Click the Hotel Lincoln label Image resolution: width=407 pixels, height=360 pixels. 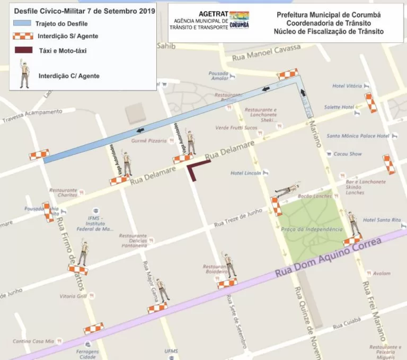click(245, 173)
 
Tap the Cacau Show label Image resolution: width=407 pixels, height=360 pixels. click(348, 154)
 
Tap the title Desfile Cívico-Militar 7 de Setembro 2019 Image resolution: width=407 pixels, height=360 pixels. click(84, 11)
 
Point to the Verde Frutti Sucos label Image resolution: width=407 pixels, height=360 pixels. click(236, 128)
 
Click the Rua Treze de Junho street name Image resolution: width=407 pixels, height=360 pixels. click(238, 219)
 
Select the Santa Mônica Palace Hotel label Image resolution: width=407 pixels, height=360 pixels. click(358, 136)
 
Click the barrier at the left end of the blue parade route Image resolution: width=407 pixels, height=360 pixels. click(39, 155)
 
